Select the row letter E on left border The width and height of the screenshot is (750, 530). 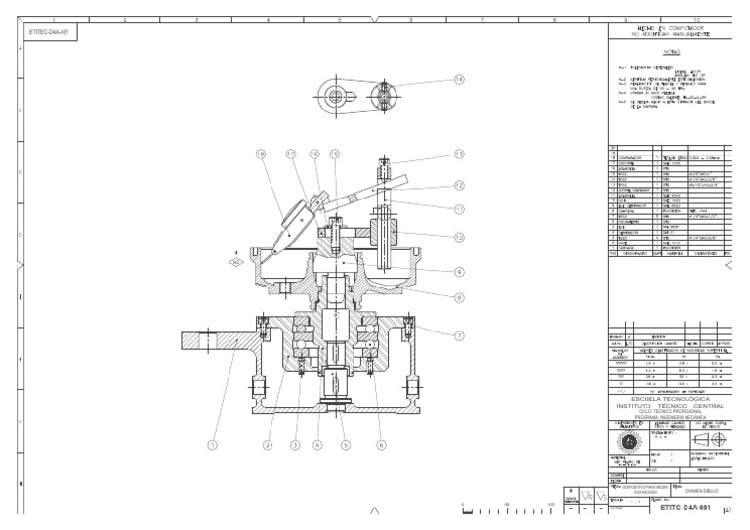20,298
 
